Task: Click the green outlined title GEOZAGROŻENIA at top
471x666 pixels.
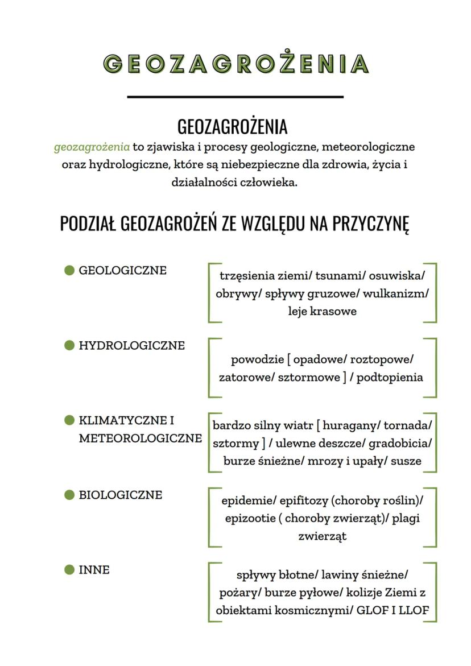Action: click(235, 64)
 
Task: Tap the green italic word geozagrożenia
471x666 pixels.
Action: click(92, 147)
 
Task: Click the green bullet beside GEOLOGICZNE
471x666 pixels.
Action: click(70, 270)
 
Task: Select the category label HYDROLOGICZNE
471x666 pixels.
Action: click(131, 345)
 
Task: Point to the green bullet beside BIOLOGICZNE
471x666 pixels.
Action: click(70, 495)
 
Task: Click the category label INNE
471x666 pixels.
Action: click(94, 570)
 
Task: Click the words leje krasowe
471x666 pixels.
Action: click(322, 312)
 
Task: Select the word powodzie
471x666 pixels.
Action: click(256, 360)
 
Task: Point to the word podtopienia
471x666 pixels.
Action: click(390, 378)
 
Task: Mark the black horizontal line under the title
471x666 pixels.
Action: click(235, 97)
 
